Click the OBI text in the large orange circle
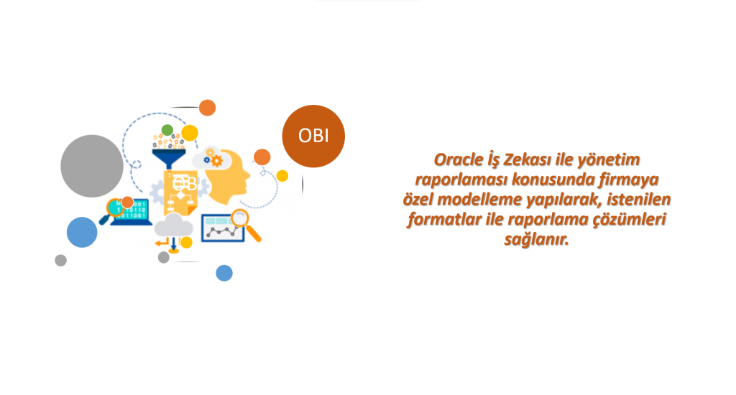[313, 136]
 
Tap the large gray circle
[92, 166]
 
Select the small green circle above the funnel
[167, 130]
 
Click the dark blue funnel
[169, 158]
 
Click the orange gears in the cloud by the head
[214, 158]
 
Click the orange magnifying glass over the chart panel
[246, 225]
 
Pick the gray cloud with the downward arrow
[173, 226]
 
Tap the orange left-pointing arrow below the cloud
[162, 242]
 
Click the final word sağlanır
[536, 240]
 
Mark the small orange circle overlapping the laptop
[127, 203]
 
